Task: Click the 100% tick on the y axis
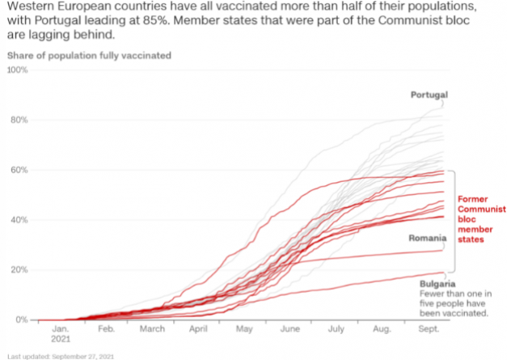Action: [x=17, y=70]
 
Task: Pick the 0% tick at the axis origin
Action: [x=21, y=320]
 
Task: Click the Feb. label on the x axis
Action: [x=107, y=330]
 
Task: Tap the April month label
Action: [x=199, y=330]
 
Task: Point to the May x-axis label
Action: [x=243, y=330]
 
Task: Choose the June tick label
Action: [x=289, y=330]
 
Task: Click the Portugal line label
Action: [x=429, y=95]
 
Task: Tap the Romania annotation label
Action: [x=428, y=238]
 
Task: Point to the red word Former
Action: [x=474, y=198]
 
